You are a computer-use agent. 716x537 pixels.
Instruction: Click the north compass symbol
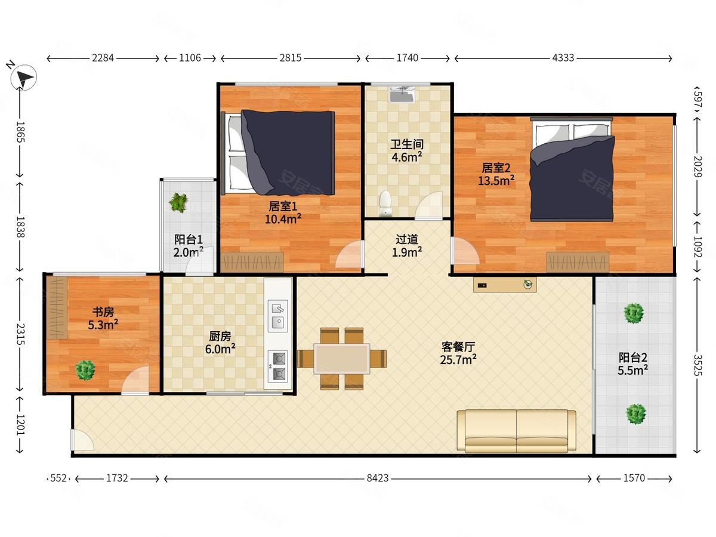pos(23,78)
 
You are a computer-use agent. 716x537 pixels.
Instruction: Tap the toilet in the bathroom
pos(385,203)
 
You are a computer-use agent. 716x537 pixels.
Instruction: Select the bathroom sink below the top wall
pos(402,94)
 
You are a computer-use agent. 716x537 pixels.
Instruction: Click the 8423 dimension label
pos(378,478)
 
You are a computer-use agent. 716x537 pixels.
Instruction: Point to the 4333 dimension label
pos(563,58)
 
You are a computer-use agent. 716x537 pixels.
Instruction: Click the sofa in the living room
pos(516,431)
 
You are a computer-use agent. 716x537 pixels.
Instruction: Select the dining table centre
pos(342,359)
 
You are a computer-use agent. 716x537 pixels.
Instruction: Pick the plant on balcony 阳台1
pos(178,202)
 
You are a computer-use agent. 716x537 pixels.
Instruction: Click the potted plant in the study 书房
pos(85,370)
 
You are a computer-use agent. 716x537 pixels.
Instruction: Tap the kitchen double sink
pos(278,316)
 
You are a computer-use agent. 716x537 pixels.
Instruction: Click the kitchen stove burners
pos(278,366)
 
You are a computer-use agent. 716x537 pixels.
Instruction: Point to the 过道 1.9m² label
pos(407,246)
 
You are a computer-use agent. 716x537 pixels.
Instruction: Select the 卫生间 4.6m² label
pos(407,150)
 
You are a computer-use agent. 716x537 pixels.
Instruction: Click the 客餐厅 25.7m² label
pos(458,353)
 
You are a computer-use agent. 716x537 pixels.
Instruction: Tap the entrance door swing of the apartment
pos(83,440)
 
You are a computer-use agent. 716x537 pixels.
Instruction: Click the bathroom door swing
pos(429,205)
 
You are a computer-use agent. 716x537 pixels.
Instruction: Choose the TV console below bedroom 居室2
pos(505,285)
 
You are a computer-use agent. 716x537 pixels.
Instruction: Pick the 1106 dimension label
pos(190,58)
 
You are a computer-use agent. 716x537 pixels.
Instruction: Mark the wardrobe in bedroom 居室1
pos(252,262)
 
